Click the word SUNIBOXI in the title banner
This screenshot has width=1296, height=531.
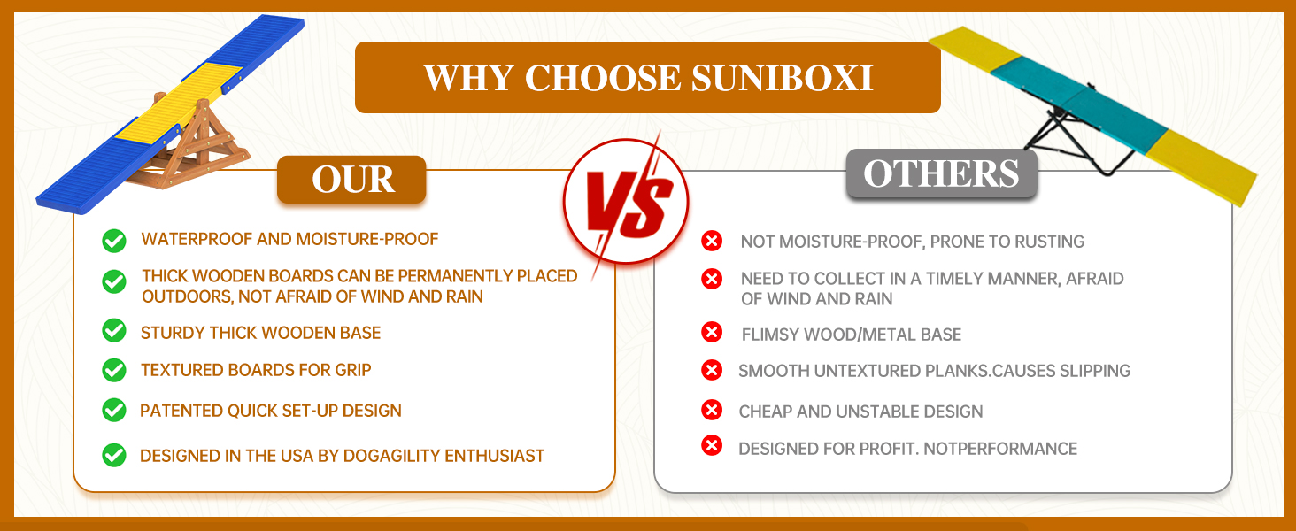pyautogui.click(x=783, y=78)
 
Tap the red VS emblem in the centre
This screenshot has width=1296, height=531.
pyautogui.click(x=626, y=202)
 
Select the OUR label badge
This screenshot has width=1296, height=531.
pyautogui.click(x=351, y=180)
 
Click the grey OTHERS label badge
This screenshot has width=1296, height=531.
pyautogui.click(x=941, y=173)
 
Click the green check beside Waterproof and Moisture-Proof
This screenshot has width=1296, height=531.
pyautogui.click(x=114, y=241)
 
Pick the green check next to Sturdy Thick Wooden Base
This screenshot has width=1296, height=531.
pyautogui.click(x=114, y=331)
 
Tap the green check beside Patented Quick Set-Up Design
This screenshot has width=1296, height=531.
pyautogui.click(x=114, y=410)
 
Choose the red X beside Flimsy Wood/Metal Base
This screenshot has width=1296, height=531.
pyautogui.click(x=712, y=332)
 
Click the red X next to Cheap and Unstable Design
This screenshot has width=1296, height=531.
pyautogui.click(x=712, y=410)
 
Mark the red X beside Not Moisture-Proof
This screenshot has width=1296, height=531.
pyautogui.click(x=712, y=241)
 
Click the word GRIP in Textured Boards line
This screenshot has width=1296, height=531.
pyautogui.click(x=353, y=370)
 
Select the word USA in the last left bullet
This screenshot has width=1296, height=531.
pyautogui.click(x=297, y=456)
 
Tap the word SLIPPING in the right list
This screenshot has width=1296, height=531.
pyautogui.click(x=1095, y=371)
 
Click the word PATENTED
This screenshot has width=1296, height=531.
pyautogui.click(x=181, y=411)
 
